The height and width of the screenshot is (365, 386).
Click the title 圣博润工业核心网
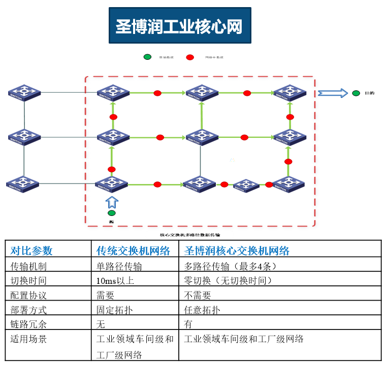coord(179,26)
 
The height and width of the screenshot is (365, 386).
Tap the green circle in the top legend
coord(147,57)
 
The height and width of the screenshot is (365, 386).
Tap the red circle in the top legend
coord(190,57)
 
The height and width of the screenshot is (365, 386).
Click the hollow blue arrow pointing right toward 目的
coord(333,93)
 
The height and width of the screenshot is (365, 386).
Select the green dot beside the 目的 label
coord(356,93)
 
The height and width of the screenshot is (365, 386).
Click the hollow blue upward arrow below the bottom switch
coord(112,202)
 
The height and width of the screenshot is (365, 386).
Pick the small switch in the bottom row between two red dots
coord(246,186)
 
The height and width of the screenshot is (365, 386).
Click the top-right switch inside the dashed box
coord(289,92)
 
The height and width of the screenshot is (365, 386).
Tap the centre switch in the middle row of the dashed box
coord(202,136)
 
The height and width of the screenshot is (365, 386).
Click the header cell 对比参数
coord(31,250)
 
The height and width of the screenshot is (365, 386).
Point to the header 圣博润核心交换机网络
coord(237,250)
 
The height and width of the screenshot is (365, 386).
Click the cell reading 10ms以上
coord(115,280)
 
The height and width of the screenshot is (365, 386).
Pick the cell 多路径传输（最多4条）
coord(230,266)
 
